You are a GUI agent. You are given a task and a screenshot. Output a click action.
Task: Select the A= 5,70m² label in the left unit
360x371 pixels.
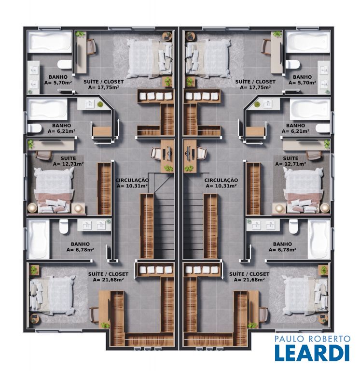[x=58, y=83]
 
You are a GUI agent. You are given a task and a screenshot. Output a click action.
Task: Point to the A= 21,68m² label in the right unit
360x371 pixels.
[x=249, y=280]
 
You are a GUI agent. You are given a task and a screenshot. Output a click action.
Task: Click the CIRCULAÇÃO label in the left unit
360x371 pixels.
[x=132, y=180]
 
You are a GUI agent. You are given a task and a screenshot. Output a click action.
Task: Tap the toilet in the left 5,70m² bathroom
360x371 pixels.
[x=64, y=64]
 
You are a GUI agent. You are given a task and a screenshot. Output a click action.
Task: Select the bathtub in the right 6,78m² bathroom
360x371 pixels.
[x=318, y=239]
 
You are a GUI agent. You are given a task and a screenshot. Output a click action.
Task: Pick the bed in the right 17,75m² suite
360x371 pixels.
[x=208, y=58]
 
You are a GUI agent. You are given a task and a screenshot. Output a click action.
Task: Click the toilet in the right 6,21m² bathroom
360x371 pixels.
[x=323, y=128]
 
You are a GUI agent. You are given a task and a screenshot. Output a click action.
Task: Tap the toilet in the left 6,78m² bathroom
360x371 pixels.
[x=64, y=227]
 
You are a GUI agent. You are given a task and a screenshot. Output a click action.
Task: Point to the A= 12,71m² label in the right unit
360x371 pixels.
[x=291, y=164]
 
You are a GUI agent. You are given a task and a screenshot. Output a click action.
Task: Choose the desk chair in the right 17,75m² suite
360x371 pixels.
[x=266, y=47]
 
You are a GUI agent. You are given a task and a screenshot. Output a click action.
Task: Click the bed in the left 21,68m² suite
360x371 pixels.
[x=53, y=295]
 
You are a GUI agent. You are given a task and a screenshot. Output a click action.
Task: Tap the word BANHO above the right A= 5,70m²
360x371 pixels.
[x=302, y=77]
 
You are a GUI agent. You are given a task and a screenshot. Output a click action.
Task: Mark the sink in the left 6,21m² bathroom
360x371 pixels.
[x=90, y=104]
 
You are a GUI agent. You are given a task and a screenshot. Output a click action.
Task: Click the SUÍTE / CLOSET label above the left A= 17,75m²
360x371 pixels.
[x=104, y=82]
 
